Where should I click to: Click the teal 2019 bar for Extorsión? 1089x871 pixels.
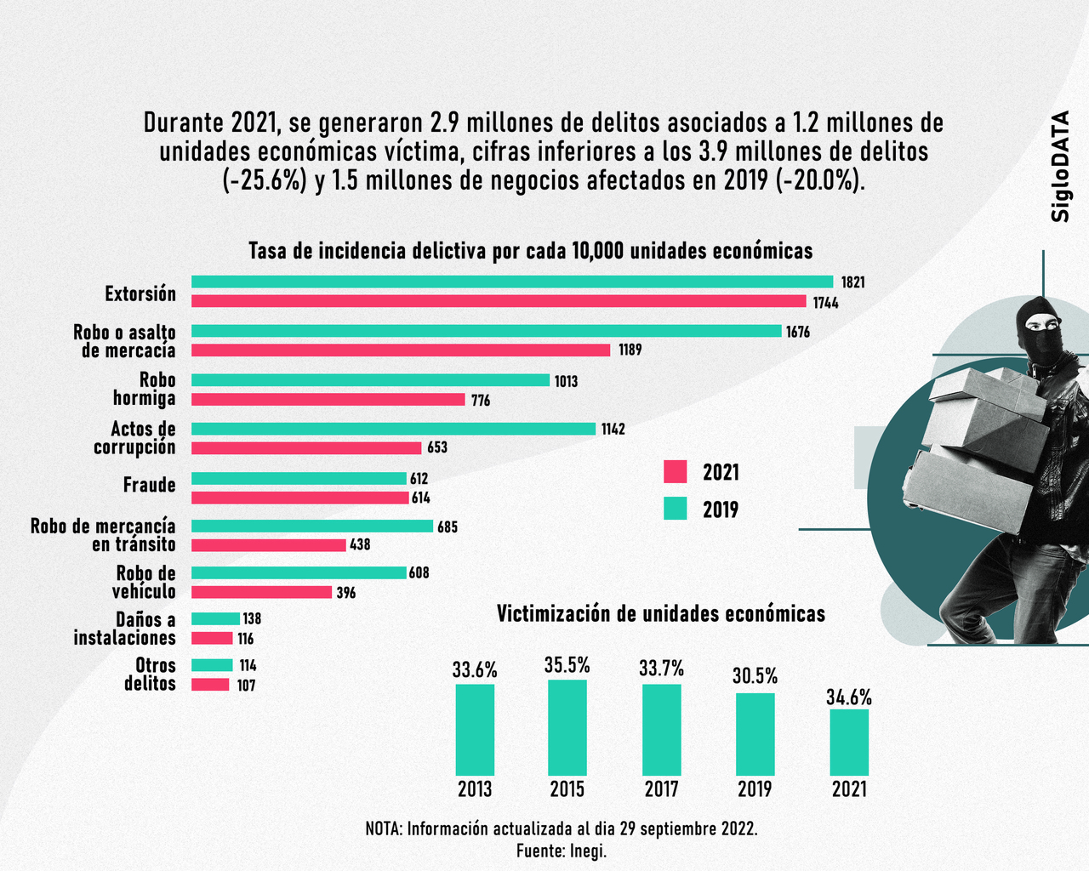511,282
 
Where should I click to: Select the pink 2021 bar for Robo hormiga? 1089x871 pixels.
328,400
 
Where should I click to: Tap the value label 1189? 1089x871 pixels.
630,350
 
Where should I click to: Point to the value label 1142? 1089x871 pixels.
613,429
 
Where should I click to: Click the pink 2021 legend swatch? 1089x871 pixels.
675,471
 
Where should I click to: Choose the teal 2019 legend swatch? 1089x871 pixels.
675,509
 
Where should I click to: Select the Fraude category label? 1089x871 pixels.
150,485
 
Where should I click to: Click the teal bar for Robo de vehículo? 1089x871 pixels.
299,572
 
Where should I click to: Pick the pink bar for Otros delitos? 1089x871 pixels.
210,685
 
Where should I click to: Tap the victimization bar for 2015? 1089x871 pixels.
567,727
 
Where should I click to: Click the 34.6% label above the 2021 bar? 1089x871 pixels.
849,697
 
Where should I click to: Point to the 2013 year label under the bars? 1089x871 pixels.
475,789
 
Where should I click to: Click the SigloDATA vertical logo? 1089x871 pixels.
1060,167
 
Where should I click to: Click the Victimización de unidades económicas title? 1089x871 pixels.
660,614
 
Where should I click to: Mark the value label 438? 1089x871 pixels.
360,544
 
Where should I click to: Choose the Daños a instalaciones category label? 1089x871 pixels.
125,629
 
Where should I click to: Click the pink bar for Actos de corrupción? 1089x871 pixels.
306,448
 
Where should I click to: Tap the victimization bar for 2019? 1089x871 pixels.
755,734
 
